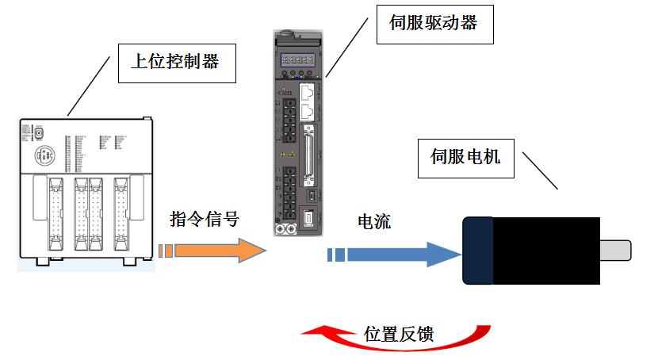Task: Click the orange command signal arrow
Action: (x=222, y=251)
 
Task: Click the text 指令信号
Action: (x=204, y=219)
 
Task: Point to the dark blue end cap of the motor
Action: (x=478, y=250)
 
